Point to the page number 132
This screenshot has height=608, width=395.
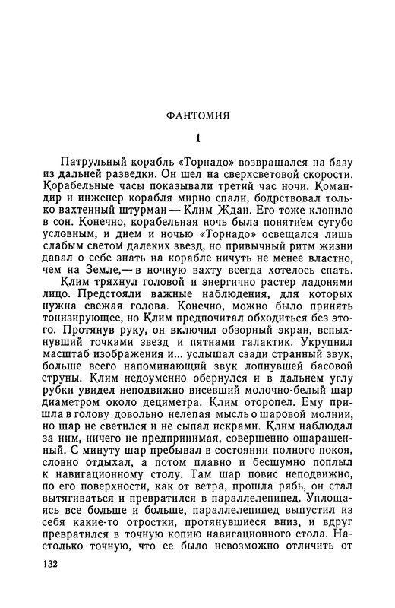point(57,565)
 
